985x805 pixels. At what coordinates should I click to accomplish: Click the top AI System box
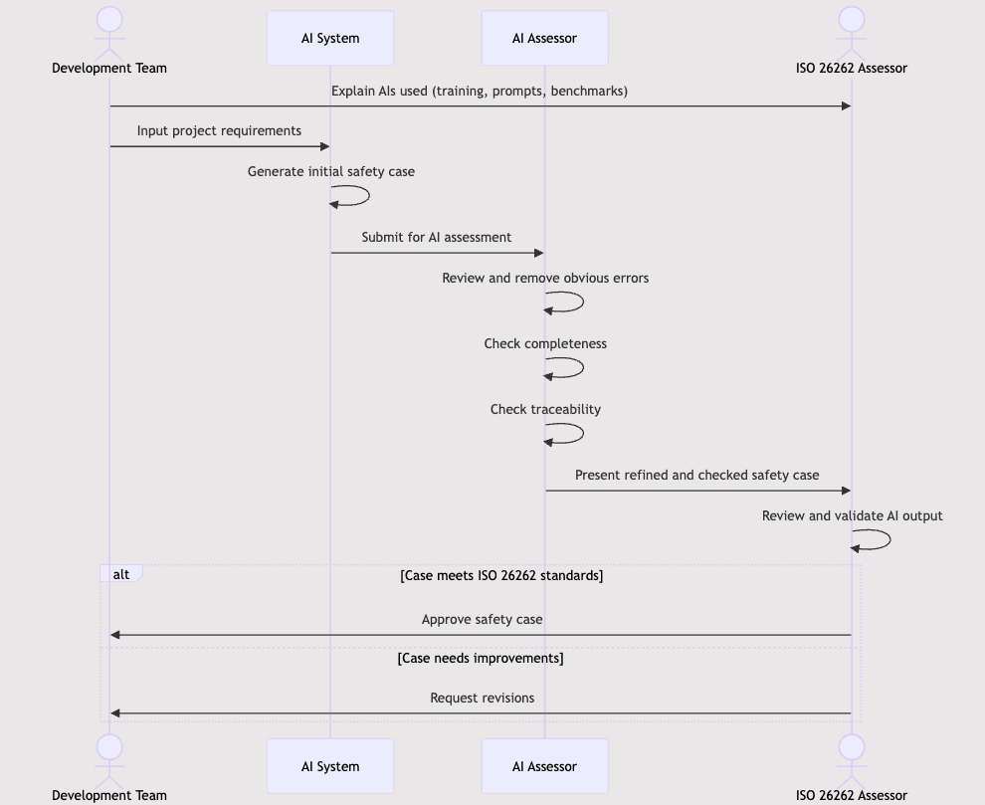click(330, 39)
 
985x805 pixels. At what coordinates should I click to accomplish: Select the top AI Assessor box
click(544, 39)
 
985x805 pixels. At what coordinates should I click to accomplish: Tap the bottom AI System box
click(330, 766)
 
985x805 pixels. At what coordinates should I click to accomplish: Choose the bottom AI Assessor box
click(544, 766)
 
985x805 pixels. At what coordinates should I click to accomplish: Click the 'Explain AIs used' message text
click(480, 91)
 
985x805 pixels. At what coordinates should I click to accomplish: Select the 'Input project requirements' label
click(219, 130)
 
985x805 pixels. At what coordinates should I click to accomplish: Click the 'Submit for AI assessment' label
click(436, 237)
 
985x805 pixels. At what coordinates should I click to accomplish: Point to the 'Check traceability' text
click(545, 409)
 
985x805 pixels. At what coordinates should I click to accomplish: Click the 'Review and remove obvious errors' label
click(545, 278)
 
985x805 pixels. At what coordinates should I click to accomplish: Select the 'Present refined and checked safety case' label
click(696, 475)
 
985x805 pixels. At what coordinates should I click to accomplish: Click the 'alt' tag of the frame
click(121, 574)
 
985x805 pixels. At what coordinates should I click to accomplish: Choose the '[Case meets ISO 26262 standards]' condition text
click(501, 575)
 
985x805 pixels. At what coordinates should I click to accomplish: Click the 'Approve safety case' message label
click(482, 619)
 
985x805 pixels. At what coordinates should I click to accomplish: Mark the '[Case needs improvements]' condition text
click(481, 658)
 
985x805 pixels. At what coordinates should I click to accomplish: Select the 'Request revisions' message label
click(482, 698)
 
